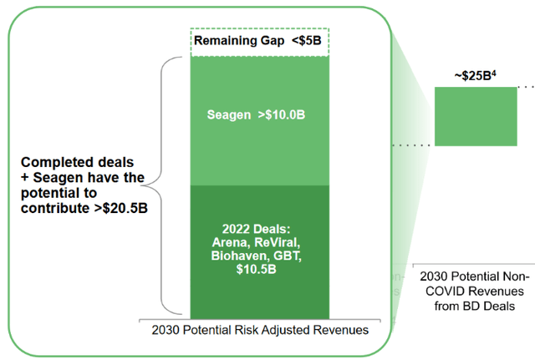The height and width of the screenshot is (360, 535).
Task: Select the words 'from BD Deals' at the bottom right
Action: point(474,306)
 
